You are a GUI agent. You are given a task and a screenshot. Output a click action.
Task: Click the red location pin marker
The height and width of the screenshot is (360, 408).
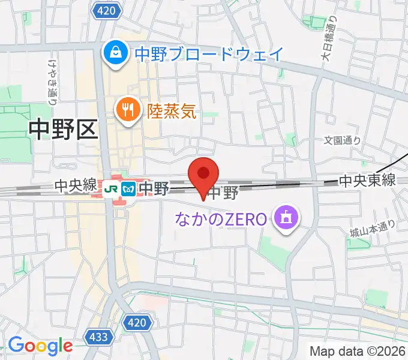[x=203, y=175]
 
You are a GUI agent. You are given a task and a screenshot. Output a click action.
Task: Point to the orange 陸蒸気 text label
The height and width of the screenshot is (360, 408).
[x=172, y=110]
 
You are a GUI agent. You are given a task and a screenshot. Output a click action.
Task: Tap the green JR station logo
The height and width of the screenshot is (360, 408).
[x=110, y=188]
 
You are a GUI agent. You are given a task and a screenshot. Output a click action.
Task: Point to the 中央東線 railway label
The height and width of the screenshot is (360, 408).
[x=367, y=179]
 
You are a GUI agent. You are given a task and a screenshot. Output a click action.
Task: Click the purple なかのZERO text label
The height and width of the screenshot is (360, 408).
[x=220, y=219]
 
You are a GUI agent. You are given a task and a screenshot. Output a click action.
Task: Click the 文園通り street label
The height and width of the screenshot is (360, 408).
[x=343, y=141]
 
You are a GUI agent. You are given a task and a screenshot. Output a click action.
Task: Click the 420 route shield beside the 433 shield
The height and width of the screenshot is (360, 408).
[x=137, y=324]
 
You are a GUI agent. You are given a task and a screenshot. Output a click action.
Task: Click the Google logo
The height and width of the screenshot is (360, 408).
[x=40, y=346]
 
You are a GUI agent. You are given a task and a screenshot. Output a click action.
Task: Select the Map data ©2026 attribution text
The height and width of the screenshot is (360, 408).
[x=358, y=350]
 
